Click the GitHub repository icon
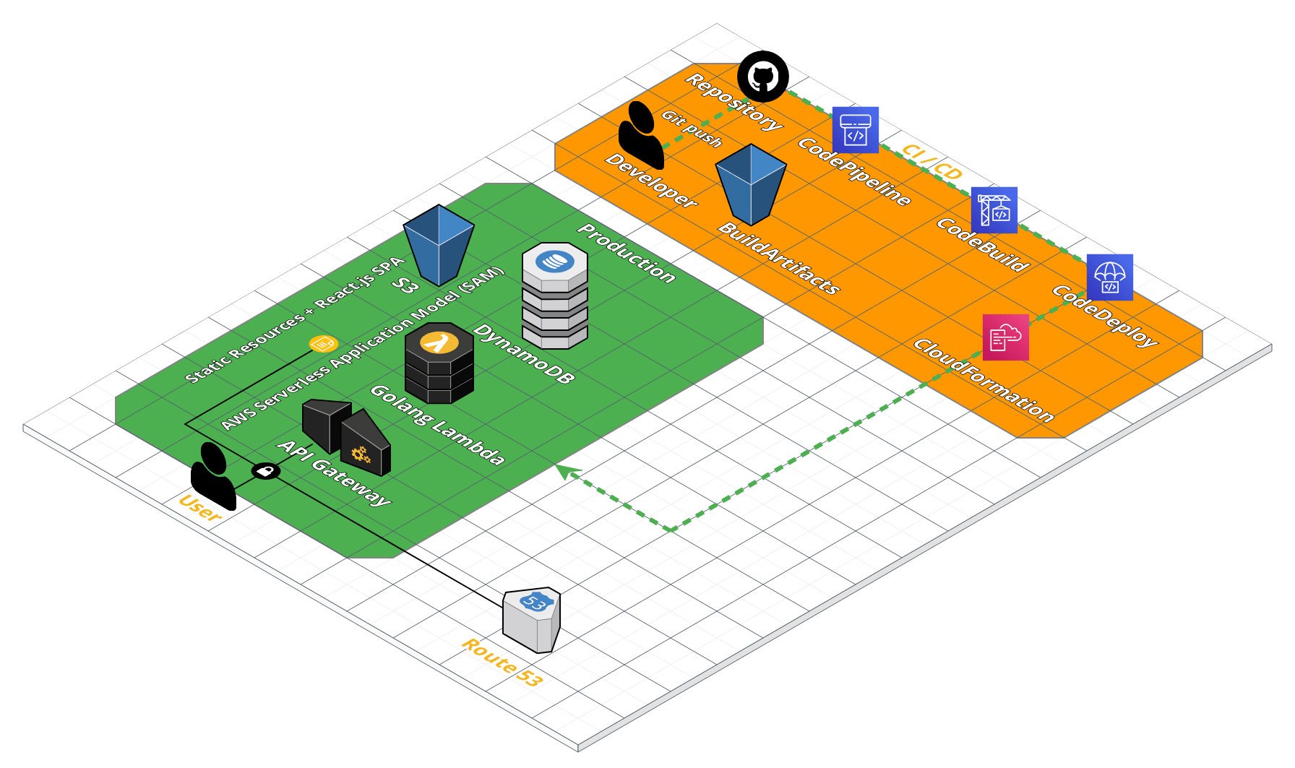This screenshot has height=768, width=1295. click(762, 76)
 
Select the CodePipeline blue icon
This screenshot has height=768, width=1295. click(855, 130)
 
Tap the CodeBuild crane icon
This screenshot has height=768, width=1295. click(994, 210)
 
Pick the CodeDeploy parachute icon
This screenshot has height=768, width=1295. click(1109, 277)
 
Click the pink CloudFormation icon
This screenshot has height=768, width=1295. click(1005, 337)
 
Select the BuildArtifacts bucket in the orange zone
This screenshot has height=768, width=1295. click(751, 184)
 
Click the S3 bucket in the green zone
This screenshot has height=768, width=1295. click(439, 244)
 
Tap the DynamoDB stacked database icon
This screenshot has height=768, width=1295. click(555, 296)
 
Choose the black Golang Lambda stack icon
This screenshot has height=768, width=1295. click(439, 363)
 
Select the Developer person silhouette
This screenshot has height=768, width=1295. click(640, 135)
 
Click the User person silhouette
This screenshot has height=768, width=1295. click(212, 476)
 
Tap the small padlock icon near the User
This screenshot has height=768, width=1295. click(266, 472)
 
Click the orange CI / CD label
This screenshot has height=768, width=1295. click(932, 163)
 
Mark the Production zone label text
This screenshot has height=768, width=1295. click(627, 254)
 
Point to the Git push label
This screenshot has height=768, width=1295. click(692, 129)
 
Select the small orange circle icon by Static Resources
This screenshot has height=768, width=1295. click(323, 344)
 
